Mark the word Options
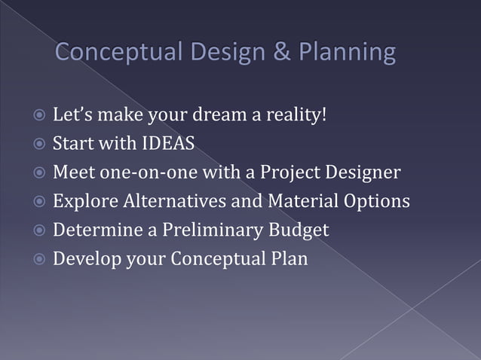pos(375,201)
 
